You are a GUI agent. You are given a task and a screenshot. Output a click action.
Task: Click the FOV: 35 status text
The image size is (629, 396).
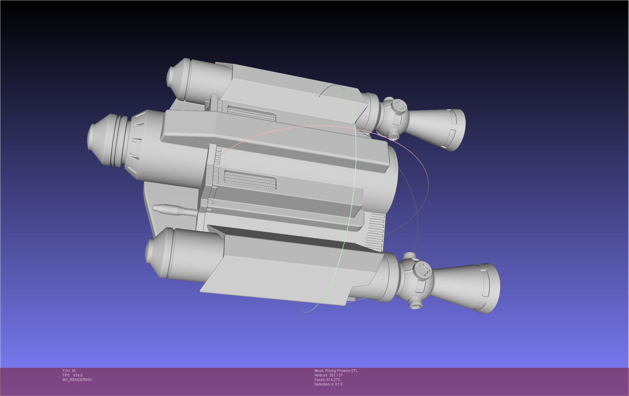[69, 371]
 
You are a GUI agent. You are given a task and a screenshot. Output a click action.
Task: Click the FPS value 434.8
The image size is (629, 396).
[77, 375]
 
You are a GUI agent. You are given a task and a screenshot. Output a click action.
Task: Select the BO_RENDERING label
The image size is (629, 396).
[77, 380]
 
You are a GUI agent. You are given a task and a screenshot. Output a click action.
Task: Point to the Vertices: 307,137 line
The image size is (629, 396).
[328, 375]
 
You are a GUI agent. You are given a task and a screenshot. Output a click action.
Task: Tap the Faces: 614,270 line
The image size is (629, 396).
[327, 380]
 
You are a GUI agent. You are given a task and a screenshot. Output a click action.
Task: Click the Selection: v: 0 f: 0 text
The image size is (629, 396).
[328, 384]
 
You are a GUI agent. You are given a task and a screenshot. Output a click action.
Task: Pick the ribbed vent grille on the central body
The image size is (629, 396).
[250, 179]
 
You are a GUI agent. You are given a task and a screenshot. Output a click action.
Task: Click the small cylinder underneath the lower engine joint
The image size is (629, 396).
[416, 304]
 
